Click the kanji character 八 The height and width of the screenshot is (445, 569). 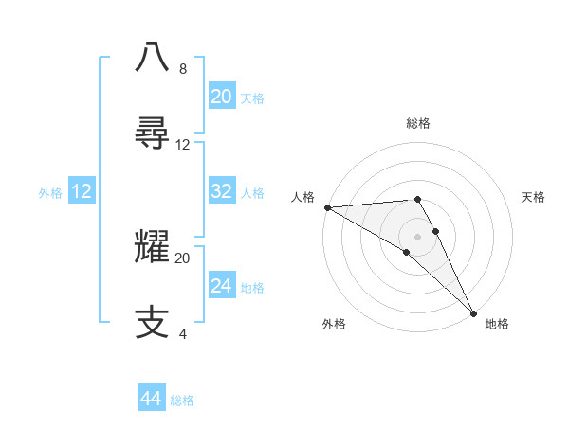(154, 56)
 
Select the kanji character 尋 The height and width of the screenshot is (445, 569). (154, 133)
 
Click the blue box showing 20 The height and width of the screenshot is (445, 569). (221, 97)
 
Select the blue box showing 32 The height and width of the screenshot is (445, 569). (221, 191)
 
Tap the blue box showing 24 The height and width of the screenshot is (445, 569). (221, 286)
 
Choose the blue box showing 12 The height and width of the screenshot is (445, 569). (81, 192)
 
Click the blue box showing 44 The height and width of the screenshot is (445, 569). (151, 399)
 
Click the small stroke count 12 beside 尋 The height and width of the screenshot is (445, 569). (183, 145)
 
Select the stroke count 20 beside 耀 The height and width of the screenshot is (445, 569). (183, 258)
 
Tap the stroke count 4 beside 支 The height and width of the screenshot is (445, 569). (182, 334)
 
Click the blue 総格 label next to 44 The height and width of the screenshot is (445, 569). (182, 400)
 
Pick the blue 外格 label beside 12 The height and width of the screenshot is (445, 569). (50, 193)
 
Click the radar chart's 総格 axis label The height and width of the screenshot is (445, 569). (418, 123)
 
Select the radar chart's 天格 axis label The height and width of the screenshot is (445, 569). (534, 197)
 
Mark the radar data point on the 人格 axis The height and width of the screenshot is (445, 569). (327, 206)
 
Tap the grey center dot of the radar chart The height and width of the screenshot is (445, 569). (418, 236)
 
